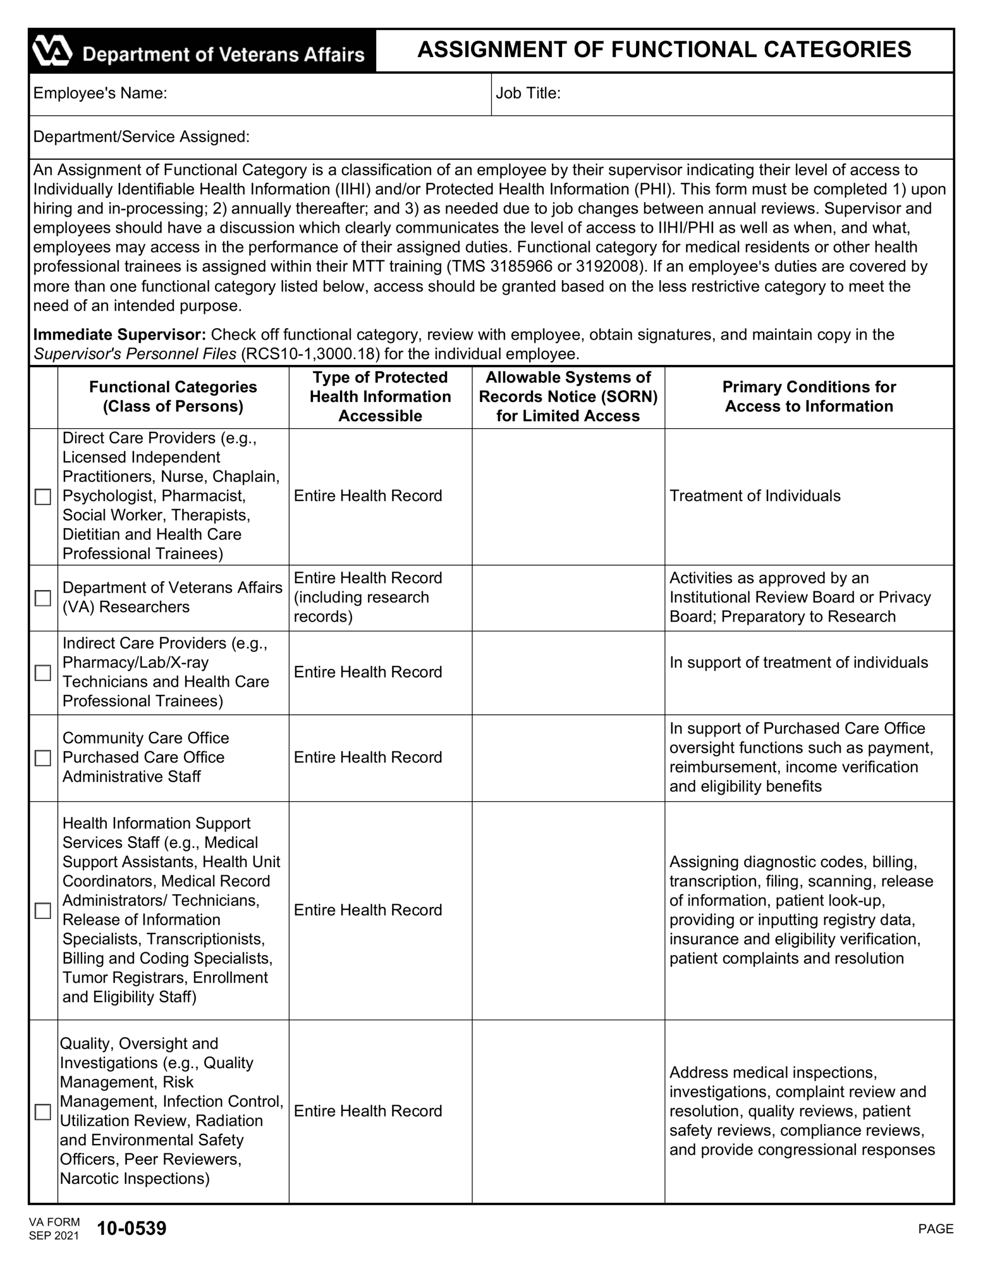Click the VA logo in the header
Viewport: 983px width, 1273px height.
coord(51,51)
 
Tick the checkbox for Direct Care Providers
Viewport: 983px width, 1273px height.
coord(43,497)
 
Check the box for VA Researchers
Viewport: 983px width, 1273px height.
coord(43,598)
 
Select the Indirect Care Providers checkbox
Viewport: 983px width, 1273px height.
coord(43,673)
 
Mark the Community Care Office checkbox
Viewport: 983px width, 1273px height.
coord(43,758)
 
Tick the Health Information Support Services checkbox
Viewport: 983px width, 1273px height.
coord(43,910)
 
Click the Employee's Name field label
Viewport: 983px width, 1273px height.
coord(100,93)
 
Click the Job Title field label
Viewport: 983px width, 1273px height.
coord(528,93)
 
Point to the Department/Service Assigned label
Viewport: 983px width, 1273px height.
coord(141,137)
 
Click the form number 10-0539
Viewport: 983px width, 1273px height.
coord(132,1228)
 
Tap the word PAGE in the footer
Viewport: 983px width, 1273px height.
coord(935,1229)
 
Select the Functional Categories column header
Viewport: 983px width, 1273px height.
coord(173,396)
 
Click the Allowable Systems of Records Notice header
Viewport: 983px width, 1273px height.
coord(568,396)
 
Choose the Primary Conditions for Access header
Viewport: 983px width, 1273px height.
coord(809,396)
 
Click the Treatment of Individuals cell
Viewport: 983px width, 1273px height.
coord(754,496)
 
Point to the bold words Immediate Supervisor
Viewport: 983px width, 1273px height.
coord(119,335)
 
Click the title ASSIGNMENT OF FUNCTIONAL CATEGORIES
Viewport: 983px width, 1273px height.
coord(664,50)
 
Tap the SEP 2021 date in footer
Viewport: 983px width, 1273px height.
coord(54,1236)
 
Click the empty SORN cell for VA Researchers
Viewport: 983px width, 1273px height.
coord(568,598)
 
